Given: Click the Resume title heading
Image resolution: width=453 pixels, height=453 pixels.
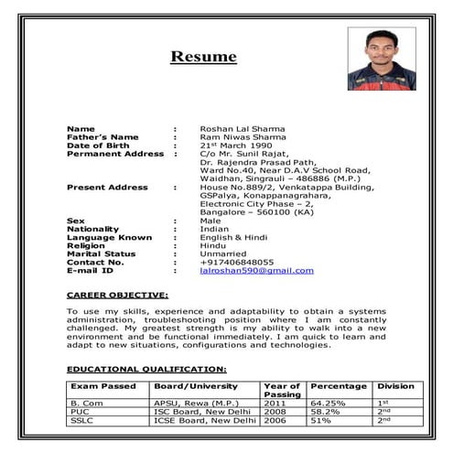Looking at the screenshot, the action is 203,57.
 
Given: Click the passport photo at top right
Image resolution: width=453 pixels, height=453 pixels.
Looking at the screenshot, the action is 384,58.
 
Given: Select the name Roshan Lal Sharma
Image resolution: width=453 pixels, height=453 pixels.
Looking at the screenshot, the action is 242,129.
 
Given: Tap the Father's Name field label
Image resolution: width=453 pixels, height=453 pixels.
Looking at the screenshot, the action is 102,137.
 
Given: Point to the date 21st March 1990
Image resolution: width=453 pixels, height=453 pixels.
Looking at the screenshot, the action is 235,146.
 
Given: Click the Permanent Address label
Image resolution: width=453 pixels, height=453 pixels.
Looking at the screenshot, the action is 115,154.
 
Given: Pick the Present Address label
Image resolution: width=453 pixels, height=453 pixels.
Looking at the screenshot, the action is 107,187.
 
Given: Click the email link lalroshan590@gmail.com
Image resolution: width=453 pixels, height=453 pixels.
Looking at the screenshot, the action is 256,270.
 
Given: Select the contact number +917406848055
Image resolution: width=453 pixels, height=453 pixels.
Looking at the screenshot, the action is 236,262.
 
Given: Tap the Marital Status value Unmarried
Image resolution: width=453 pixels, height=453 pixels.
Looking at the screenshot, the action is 222,253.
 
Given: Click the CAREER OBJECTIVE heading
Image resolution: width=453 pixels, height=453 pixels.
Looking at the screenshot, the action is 117,296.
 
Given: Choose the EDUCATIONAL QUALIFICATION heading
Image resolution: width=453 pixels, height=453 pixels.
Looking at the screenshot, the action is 146,369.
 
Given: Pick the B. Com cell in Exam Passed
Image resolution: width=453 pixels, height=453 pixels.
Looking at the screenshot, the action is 87,403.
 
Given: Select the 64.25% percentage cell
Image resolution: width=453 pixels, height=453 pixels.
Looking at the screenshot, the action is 328,403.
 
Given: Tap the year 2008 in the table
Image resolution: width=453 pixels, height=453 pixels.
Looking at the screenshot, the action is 275,412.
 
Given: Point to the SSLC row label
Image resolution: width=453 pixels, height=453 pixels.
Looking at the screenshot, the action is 84,420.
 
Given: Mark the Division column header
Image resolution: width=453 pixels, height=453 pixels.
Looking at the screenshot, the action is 395,386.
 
